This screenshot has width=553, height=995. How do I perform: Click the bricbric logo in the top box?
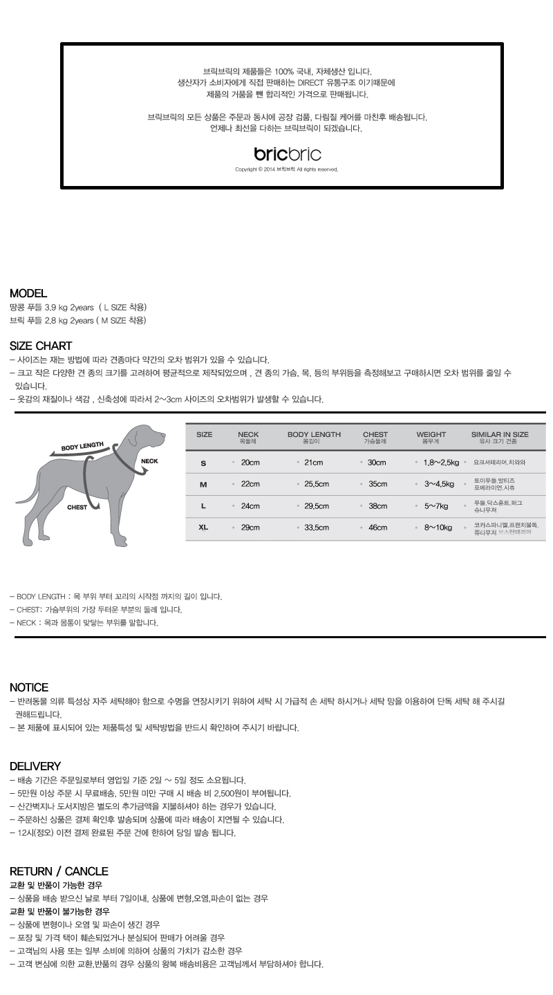[288, 154]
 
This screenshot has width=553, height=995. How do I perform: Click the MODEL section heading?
[28, 294]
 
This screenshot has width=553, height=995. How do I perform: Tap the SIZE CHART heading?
[41, 346]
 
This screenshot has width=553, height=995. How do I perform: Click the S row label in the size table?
[203, 463]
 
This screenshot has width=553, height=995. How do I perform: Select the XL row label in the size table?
[203, 528]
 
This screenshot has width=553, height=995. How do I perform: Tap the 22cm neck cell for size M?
[250, 484]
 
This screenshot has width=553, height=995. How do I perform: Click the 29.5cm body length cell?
[317, 506]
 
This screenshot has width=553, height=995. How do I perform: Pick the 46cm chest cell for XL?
[378, 528]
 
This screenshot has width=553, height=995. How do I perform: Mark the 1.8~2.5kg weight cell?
[441, 463]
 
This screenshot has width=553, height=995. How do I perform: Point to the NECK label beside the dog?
[149, 461]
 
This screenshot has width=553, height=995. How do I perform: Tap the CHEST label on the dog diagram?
[77, 507]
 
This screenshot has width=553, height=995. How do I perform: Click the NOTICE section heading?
[29, 687]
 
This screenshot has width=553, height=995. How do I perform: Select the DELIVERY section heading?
[35, 766]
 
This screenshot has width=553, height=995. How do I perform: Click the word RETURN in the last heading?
[31, 871]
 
